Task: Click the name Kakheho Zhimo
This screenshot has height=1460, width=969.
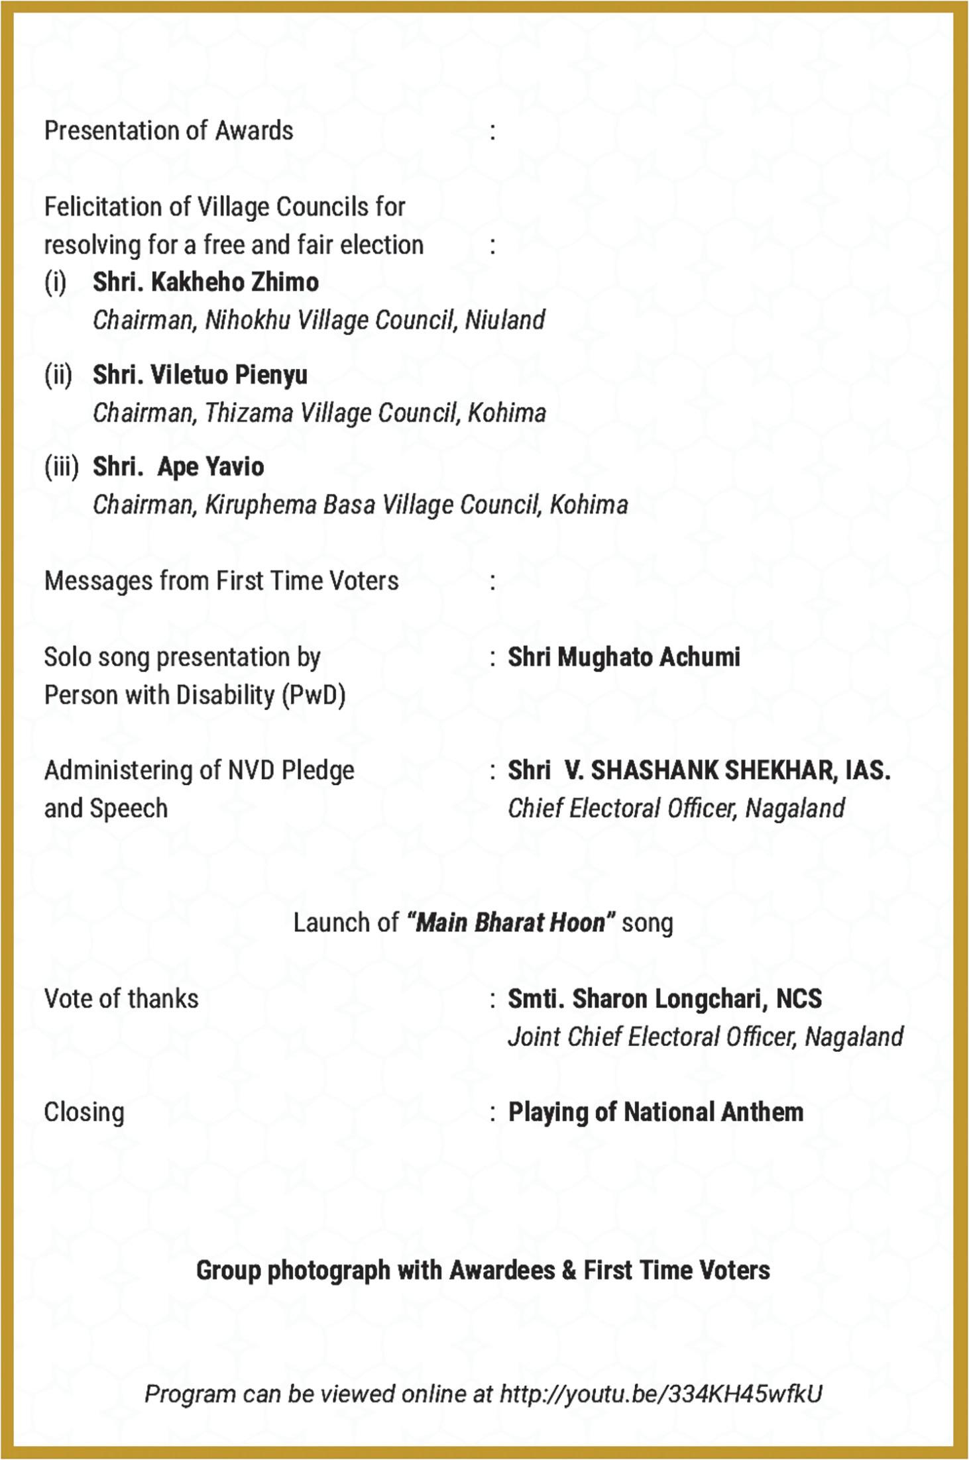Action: [235, 282]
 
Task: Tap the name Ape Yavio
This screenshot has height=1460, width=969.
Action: [211, 467]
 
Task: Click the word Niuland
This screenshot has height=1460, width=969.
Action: [505, 320]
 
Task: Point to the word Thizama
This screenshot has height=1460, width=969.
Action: [249, 413]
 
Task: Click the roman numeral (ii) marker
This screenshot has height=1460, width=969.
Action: [58, 375]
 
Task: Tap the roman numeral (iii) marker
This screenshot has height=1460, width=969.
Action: [61, 467]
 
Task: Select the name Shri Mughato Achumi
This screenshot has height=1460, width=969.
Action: [624, 657]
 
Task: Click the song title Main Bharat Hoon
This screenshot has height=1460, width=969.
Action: [510, 923]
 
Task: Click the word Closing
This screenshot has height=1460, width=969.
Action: [84, 1112]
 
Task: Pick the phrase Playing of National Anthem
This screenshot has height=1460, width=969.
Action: [655, 1112]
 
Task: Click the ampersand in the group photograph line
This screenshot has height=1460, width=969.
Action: [569, 1271]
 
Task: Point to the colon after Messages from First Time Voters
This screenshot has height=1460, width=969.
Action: [492, 582]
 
